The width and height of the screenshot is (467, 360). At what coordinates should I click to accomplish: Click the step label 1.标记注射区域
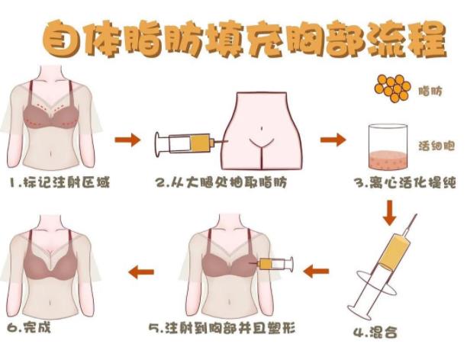(60, 182)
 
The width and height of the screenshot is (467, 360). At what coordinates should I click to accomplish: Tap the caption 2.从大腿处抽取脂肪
(221, 182)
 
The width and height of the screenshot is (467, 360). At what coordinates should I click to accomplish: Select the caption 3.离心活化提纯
(405, 182)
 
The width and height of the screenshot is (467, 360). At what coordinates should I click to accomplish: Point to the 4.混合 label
(375, 332)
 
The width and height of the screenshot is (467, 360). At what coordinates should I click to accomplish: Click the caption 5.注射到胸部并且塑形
(222, 328)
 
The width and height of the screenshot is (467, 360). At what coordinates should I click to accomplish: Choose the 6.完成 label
(29, 327)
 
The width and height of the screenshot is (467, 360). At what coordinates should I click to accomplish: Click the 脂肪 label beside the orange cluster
(430, 91)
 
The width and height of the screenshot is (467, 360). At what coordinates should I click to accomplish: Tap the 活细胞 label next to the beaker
(436, 146)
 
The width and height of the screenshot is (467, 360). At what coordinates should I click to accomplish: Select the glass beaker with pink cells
(388, 146)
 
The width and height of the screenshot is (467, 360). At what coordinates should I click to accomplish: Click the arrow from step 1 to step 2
(127, 140)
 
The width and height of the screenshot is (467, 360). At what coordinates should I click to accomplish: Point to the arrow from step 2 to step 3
(333, 140)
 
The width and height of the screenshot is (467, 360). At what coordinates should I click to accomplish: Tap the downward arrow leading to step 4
(390, 214)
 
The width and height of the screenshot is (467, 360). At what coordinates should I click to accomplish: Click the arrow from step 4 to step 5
(316, 272)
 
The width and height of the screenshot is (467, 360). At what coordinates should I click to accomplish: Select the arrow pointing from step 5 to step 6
(141, 272)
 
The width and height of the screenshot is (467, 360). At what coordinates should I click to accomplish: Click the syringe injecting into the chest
(272, 264)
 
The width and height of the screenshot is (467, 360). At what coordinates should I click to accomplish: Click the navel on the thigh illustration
(262, 129)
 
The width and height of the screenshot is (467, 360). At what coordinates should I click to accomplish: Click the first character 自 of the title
(62, 40)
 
